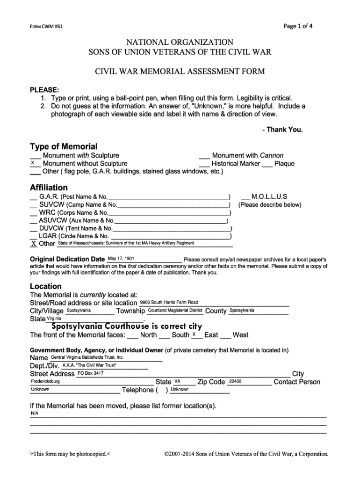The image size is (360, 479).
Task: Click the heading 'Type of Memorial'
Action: (x=64, y=146)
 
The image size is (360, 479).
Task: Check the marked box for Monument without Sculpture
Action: (x=33, y=163)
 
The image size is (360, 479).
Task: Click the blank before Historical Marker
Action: (x=204, y=164)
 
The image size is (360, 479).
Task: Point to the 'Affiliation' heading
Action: (x=49, y=188)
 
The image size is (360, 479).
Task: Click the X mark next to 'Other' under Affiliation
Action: (x=34, y=244)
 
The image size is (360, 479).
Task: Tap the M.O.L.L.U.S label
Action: (x=269, y=196)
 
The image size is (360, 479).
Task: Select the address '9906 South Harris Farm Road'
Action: (x=169, y=302)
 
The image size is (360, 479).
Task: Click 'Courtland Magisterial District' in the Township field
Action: (x=175, y=310)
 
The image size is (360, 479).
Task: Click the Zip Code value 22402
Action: (x=235, y=381)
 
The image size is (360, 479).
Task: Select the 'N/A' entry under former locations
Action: (x=35, y=414)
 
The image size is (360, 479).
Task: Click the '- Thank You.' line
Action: (x=283, y=130)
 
